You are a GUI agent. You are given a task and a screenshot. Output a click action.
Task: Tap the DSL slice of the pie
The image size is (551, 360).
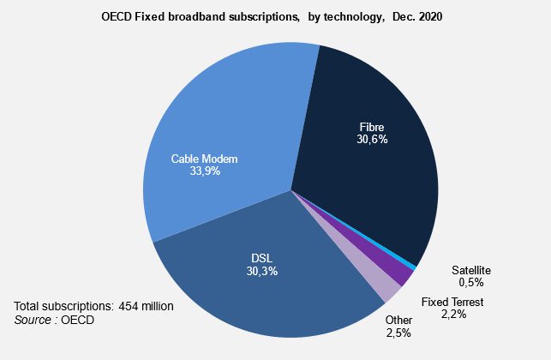(257, 274)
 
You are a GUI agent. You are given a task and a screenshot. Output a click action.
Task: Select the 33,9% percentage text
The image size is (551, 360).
(203, 171)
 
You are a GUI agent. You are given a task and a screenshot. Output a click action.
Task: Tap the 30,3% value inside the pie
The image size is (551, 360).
(262, 271)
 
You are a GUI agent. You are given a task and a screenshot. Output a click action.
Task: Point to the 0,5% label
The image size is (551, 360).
(471, 282)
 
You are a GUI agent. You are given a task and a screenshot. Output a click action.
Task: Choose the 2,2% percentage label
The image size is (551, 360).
(455, 315)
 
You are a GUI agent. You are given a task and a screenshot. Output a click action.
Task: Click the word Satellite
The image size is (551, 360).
(471, 270)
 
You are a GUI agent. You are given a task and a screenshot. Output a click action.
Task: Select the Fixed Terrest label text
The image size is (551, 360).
(453, 303)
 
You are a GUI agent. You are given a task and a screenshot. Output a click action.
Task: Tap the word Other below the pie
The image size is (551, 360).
(398, 320)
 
